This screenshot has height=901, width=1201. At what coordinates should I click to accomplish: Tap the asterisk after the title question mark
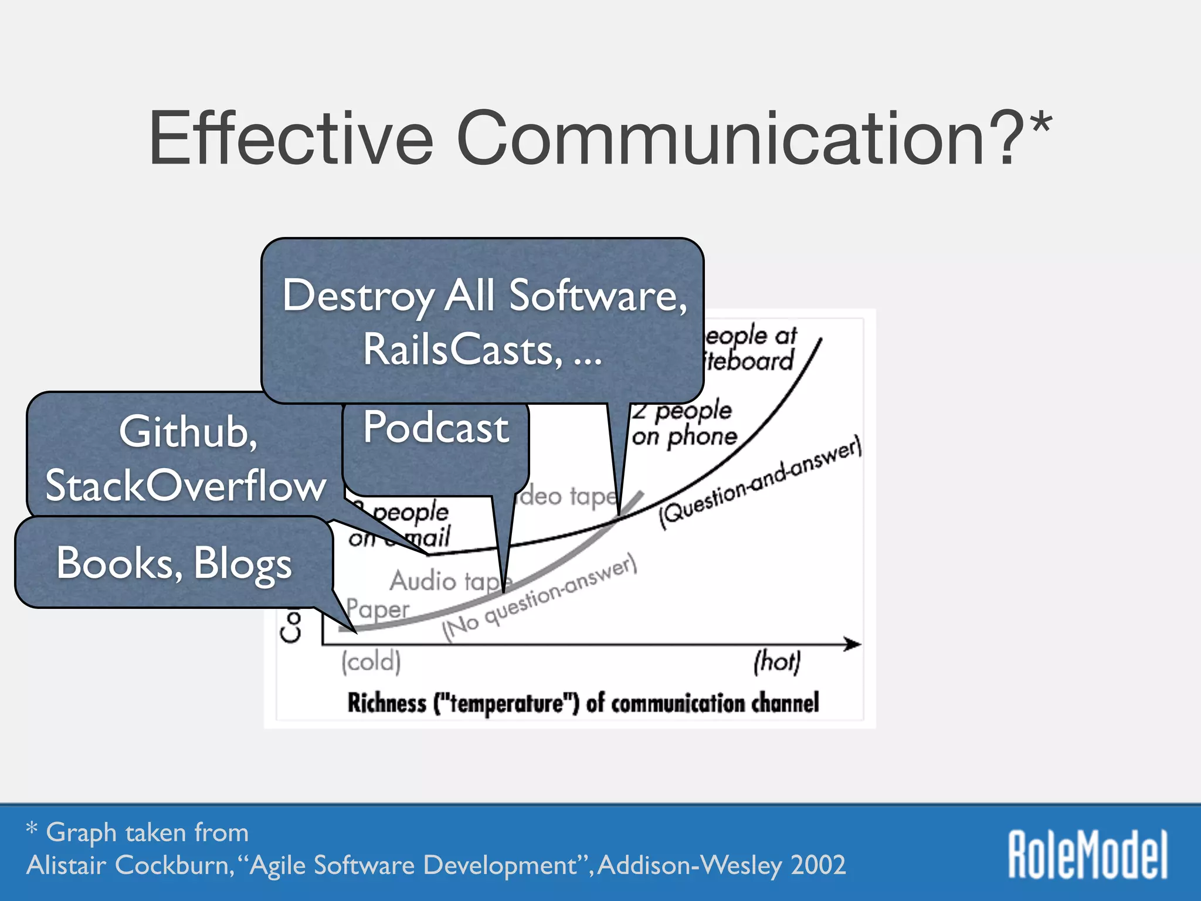[x=1041, y=124]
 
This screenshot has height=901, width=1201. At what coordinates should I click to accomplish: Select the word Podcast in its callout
[x=436, y=427]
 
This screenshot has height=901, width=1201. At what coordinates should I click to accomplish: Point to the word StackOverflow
[x=185, y=486]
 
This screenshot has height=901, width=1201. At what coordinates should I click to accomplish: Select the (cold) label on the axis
[x=371, y=662]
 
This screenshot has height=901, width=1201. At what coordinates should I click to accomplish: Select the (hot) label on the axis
[x=776, y=662]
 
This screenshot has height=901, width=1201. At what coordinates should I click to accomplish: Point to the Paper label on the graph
[x=377, y=609]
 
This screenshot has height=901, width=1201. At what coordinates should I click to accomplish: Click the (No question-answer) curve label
[x=538, y=598]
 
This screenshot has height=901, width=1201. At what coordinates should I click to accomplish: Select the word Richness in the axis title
[x=386, y=703]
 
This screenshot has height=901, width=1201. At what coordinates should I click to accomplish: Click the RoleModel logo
[x=1087, y=854]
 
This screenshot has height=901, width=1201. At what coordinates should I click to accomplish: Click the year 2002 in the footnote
[x=818, y=865]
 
